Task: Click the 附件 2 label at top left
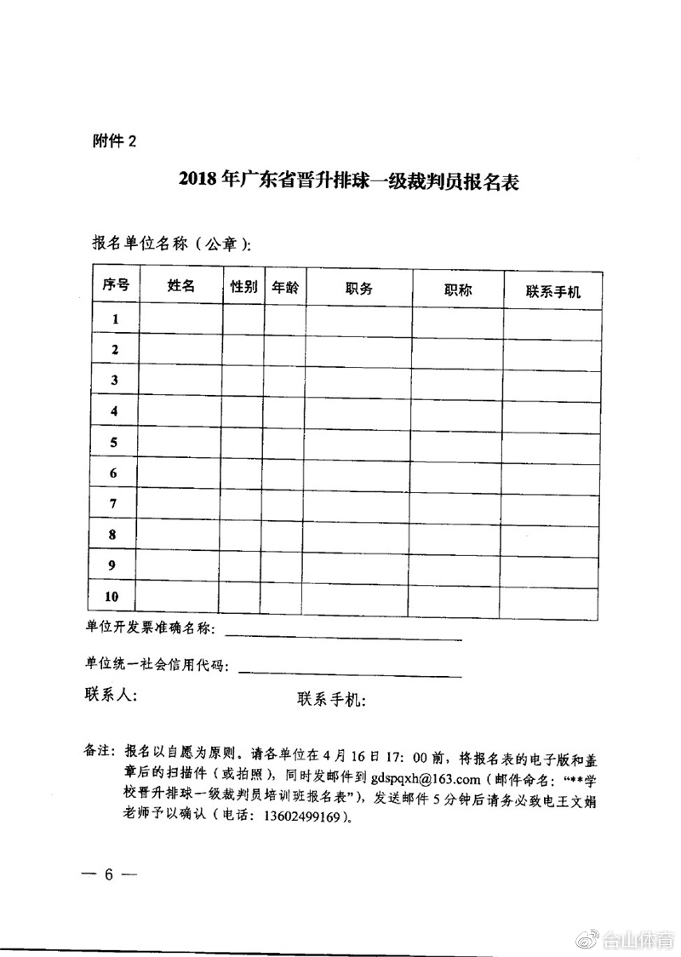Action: [x=113, y=142]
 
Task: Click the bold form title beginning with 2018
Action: [x=349, y=181]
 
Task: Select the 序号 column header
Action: [x=115, y=287]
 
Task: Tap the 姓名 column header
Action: [x=181, y=287]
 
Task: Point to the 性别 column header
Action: [x=243, y=287]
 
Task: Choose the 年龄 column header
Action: [x=285, y=288]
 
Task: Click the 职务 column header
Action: [x=359, y=289]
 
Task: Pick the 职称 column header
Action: [x=458, y=289]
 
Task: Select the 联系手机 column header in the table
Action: [x=553, y=291]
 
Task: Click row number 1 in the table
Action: [x=115, y=319]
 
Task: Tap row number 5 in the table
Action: [x=114, y=442]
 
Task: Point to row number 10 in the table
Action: [x=114, y=596]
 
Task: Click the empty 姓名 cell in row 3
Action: [x=181, y=380]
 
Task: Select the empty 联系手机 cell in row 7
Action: [x=553, y=504]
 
